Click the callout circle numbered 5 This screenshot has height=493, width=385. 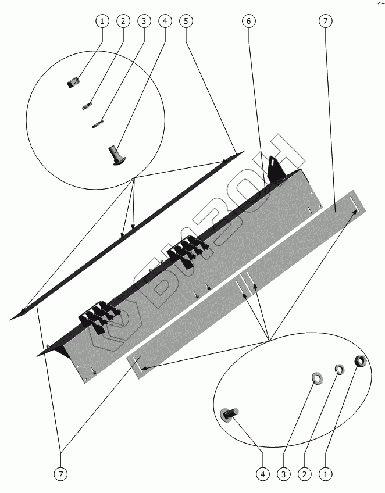(x=186, y=22)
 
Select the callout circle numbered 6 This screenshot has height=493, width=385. (x=248, y=22)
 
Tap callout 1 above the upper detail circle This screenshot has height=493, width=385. (x=102, y=22)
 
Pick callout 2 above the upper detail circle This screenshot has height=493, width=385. (x=123, y=22)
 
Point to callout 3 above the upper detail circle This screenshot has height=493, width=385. (x=144, y=22)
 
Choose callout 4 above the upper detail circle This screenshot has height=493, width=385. (x=165, y=22)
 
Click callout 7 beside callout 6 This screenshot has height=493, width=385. (x=325, y=22)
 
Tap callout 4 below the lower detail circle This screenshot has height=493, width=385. (x=263, y=474)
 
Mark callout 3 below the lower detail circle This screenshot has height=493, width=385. (x=284, y=474)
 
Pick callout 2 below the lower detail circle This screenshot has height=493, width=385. (x=304, y=474)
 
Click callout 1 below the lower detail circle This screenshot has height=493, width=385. (x=325, y=474)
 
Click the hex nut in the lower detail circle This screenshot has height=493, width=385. (x=359, y=362)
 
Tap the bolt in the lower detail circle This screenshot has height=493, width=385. (x=228, y=413)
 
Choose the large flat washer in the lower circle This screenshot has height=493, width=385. (x=318, y=378)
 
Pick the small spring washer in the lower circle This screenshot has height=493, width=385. (x=338, y=369)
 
